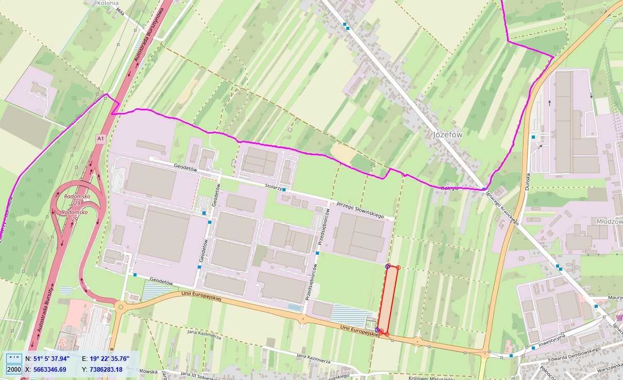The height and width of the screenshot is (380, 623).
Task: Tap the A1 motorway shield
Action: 100,139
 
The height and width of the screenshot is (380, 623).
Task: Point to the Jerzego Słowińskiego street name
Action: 360,208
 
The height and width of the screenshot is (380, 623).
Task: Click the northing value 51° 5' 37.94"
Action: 51,358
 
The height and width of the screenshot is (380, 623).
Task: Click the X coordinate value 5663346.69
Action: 49,369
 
